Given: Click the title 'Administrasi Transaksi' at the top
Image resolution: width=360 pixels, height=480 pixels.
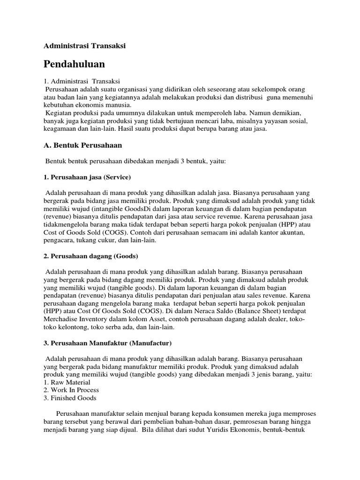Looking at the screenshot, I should pyautogui.click(x=85, y=46).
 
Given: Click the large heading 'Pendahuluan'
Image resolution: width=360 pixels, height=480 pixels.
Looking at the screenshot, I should pyautogui.click(x=75, y=64).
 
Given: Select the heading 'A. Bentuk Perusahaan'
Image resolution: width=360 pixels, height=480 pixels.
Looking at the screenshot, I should pyautogui.click(x=83, y=145).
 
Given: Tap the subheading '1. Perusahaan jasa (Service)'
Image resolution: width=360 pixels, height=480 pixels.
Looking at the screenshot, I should pyautogui.click(x=87, y=178).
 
